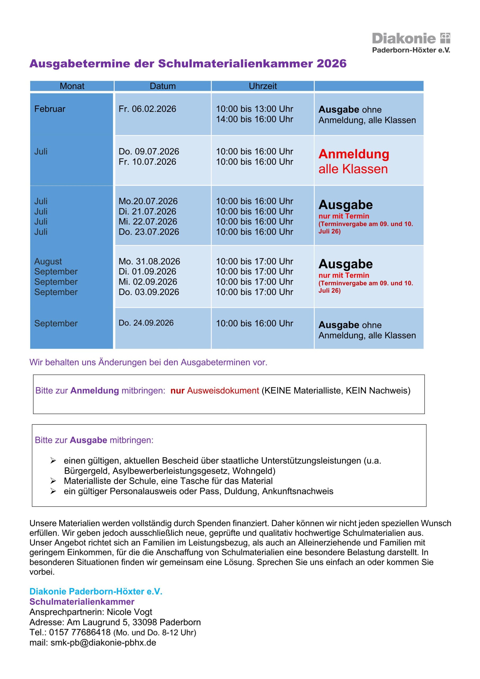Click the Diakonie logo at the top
click(x=411, y=43)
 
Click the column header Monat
click(x=72, y=86)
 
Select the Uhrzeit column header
click(x=263, y=86)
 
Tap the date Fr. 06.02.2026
click(x=147, y=109)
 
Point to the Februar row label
click(x=50, y=109)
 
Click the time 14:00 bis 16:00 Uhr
click(x=254, y=119)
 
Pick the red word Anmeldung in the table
click(x=354, y=154)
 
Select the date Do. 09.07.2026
click(x=149, y=151)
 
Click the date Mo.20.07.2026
click(x=148, y=201)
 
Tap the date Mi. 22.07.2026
click(x=148, y=221)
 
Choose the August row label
click(x=48, y=262)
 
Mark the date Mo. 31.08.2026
click(x=149, y=262)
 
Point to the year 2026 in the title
click(x=331, y=64)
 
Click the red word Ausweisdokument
click(x=223, y=391)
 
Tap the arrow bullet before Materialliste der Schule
click(x=53, y=481)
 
